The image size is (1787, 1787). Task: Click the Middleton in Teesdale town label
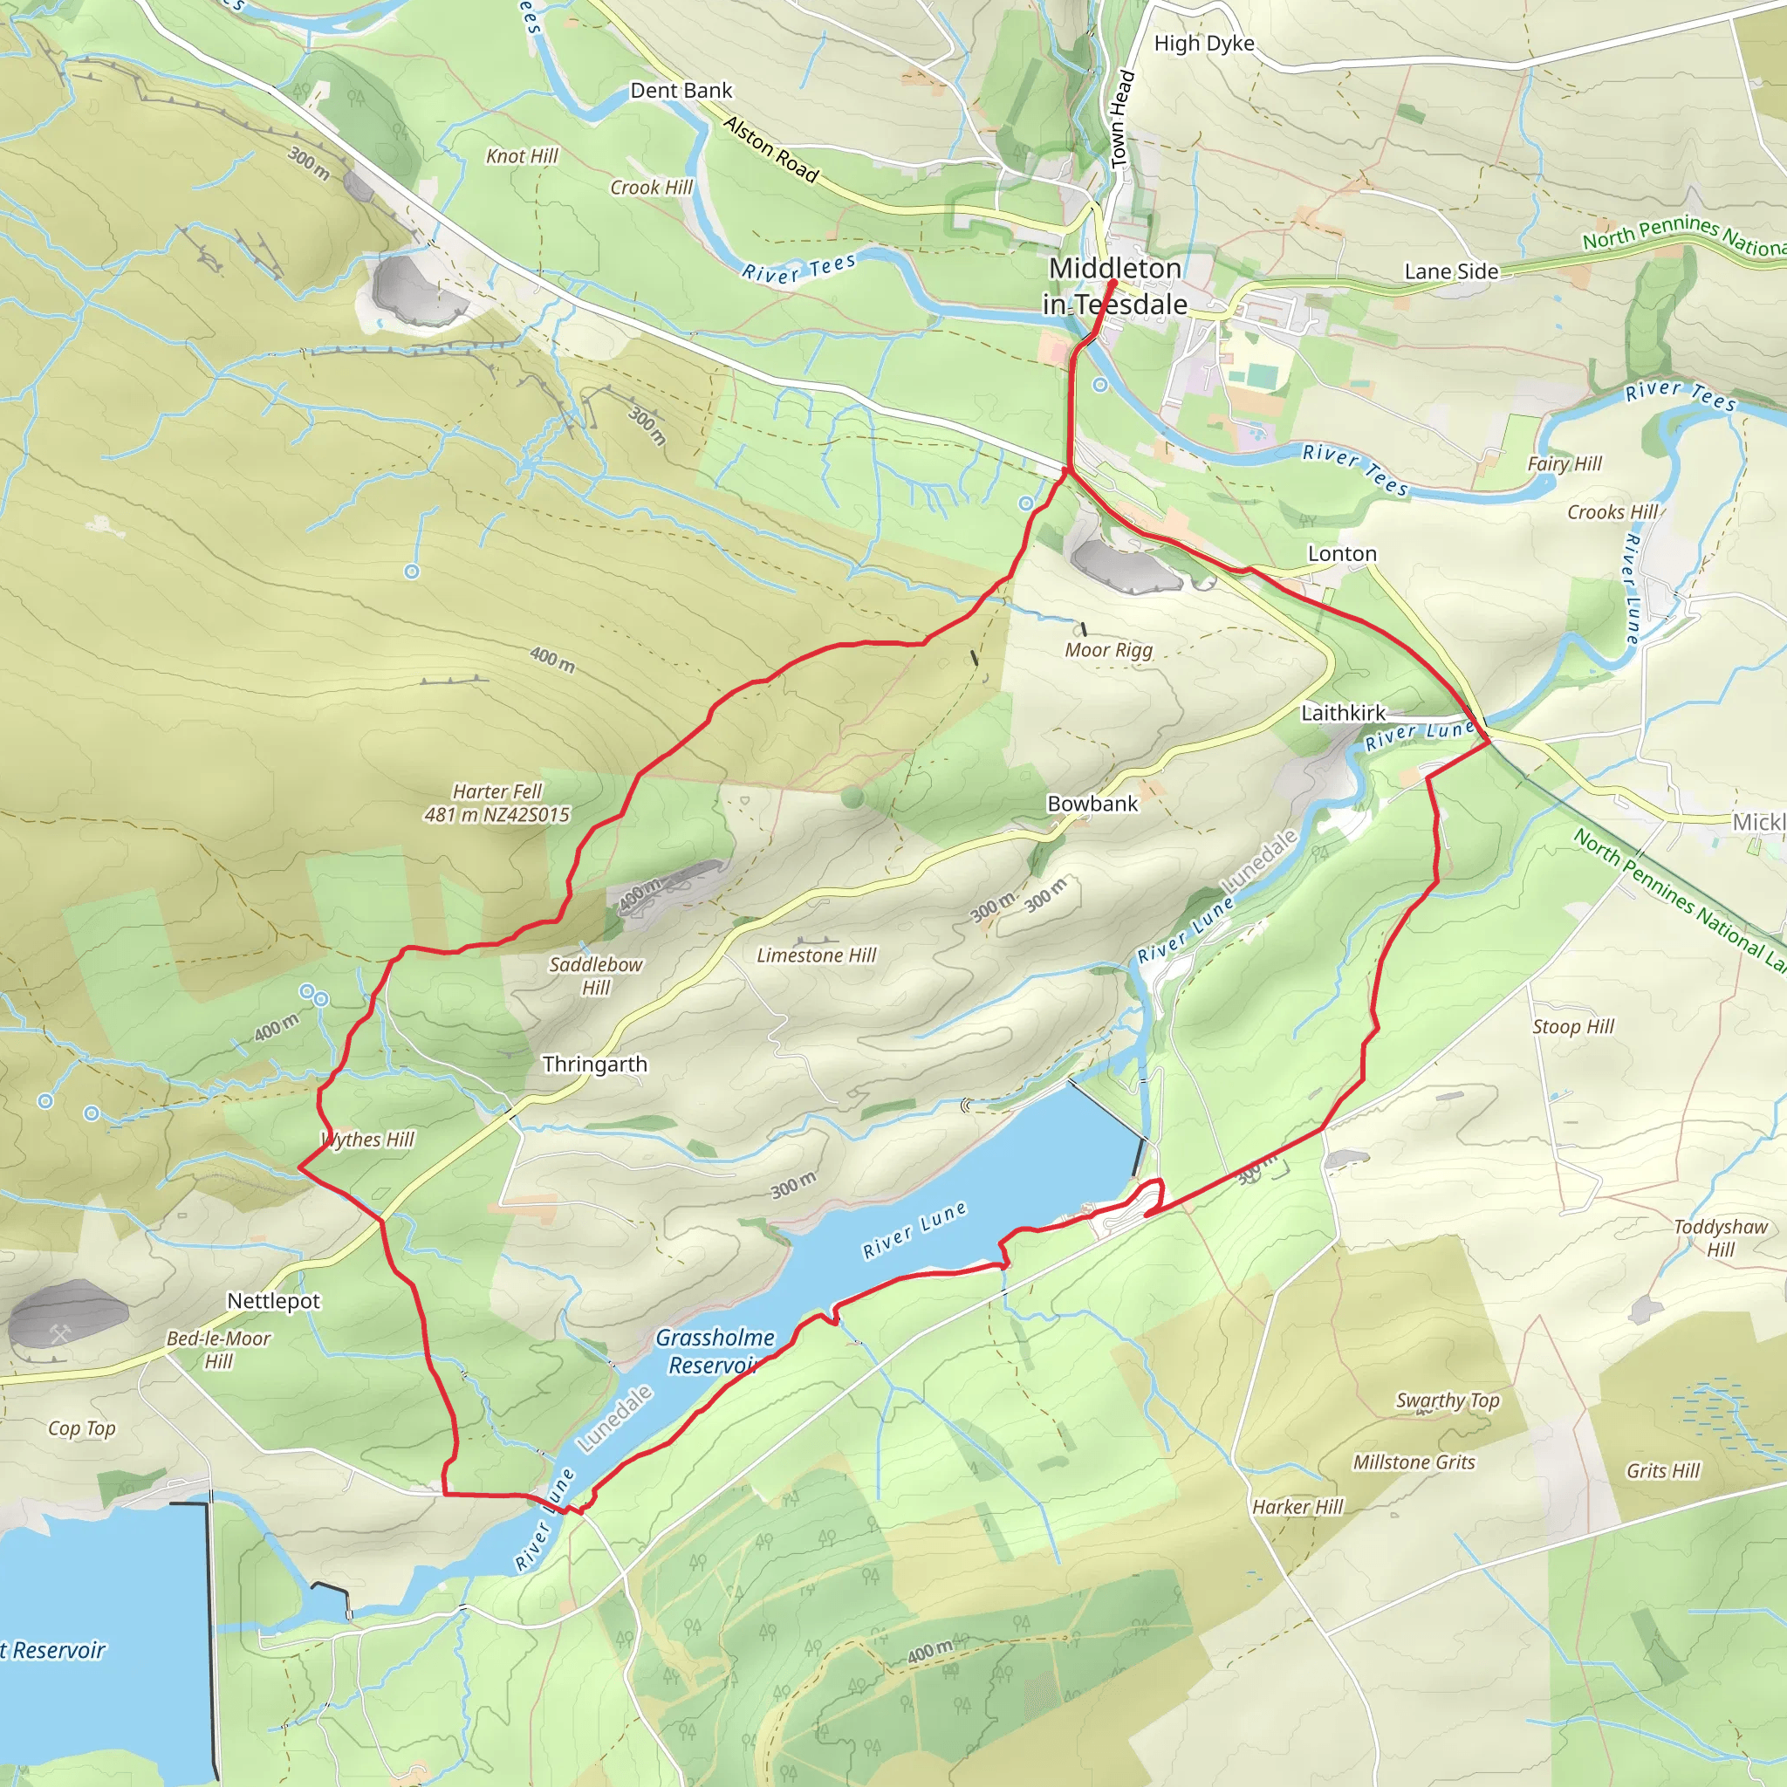tap(1114, 286)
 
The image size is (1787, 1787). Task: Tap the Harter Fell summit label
tap(496, 803)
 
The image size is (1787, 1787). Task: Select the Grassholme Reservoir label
tap(714, 1352)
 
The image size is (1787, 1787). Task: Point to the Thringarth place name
tap(595, 1065)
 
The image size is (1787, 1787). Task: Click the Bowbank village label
tap(1092, 804)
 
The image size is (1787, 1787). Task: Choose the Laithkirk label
tap(1343, 713)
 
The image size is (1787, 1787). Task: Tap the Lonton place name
tap(1341, 554)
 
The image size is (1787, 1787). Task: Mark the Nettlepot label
tap(274, 1301)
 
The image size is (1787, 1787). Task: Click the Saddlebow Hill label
tap(596, 976)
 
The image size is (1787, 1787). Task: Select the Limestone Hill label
tap(816, 955)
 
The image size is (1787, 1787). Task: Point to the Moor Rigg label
tap(1108, 650)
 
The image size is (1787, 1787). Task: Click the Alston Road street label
tap(770, 149)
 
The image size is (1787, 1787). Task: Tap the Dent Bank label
tap(681, 91)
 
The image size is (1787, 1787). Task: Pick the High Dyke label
tap(1204, 44)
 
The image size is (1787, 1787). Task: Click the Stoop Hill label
tap(1572, 1027)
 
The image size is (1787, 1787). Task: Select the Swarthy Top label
tap(1448, 1400)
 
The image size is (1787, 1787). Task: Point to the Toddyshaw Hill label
tap(1721, 1237)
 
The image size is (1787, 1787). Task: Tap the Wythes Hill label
tap(368, 1140)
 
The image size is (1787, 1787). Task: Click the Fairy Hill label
tap(1564, 463)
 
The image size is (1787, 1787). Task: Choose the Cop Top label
tap(81, 1428)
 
